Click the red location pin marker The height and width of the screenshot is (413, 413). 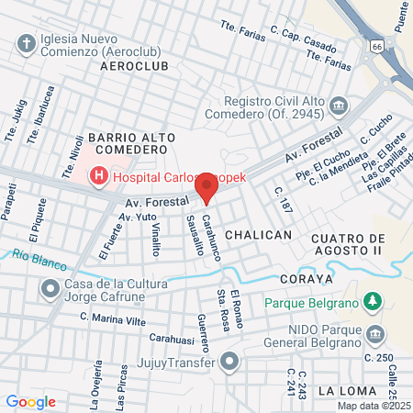point(207,188)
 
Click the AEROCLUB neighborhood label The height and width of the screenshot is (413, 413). point(135,67)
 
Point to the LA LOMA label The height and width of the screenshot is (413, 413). point(347,390)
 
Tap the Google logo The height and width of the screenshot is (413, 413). point(30,401)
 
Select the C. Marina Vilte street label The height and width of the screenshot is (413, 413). point(114,318)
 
